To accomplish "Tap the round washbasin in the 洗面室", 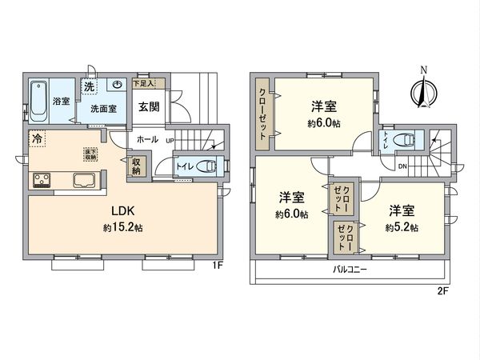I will (117, 84).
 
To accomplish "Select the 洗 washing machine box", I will (90, 85).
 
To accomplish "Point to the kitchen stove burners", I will (42, 180).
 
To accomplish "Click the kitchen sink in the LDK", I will (84, 180).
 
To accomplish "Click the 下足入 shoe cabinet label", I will (144, 82).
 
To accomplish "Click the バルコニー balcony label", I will (350, 270).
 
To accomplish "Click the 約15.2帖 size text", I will (122, 228).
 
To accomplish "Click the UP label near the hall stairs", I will (170, 139).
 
